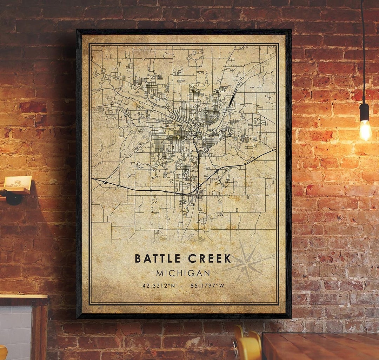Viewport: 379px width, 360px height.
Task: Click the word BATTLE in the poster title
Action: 158,258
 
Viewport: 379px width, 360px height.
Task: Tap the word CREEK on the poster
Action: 210,258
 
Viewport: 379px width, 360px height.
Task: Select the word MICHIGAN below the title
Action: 183,273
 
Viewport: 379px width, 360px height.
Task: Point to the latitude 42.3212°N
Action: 159,286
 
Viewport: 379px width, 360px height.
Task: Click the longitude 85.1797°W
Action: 207,286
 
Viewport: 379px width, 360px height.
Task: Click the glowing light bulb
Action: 365,130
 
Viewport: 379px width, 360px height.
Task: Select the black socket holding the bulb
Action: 364,112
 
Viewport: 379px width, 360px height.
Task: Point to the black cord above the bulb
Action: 363,53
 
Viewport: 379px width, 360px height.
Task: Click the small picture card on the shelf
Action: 18,182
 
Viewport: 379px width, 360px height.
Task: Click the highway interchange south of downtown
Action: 199,187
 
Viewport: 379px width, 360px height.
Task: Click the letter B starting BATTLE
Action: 138,258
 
